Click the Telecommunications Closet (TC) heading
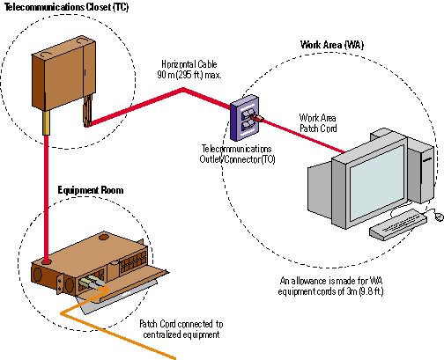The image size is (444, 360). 67,6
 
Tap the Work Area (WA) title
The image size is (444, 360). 332,45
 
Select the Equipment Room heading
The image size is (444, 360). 91,190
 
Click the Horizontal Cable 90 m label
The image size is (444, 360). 189,70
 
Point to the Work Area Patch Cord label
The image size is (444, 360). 318,123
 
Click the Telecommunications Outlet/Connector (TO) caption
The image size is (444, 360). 237,154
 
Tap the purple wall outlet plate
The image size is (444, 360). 244,118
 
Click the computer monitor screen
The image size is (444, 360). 377,181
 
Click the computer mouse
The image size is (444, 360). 439,217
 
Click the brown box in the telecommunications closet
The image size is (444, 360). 63,73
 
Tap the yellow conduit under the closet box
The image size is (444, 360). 46,122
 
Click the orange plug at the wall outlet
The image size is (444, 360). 258,118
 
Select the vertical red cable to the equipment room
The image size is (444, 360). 46,198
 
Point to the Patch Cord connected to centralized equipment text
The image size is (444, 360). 181,329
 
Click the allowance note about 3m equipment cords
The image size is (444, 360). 331,286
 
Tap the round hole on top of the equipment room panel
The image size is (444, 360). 104,237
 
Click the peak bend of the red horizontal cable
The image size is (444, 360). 183,89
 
